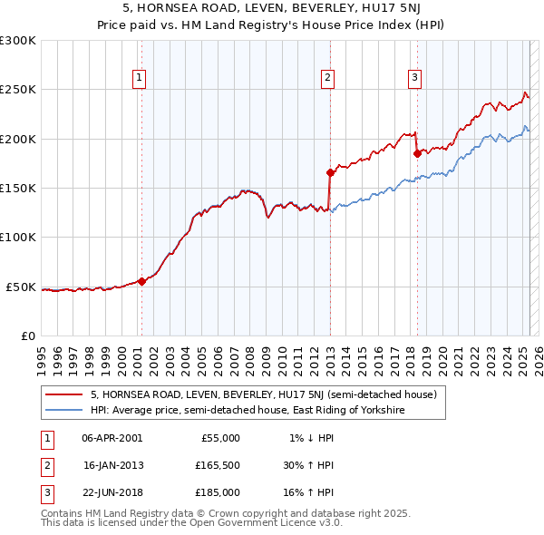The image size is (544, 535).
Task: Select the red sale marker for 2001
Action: click(x=141, y=281)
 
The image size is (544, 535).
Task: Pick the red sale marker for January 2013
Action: click(x=330, y=172)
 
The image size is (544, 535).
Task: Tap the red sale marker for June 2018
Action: click(x=417, y=153)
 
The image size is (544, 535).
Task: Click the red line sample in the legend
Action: click(x=63, y=395)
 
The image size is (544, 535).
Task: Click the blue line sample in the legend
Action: click(x=63, y=411)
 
